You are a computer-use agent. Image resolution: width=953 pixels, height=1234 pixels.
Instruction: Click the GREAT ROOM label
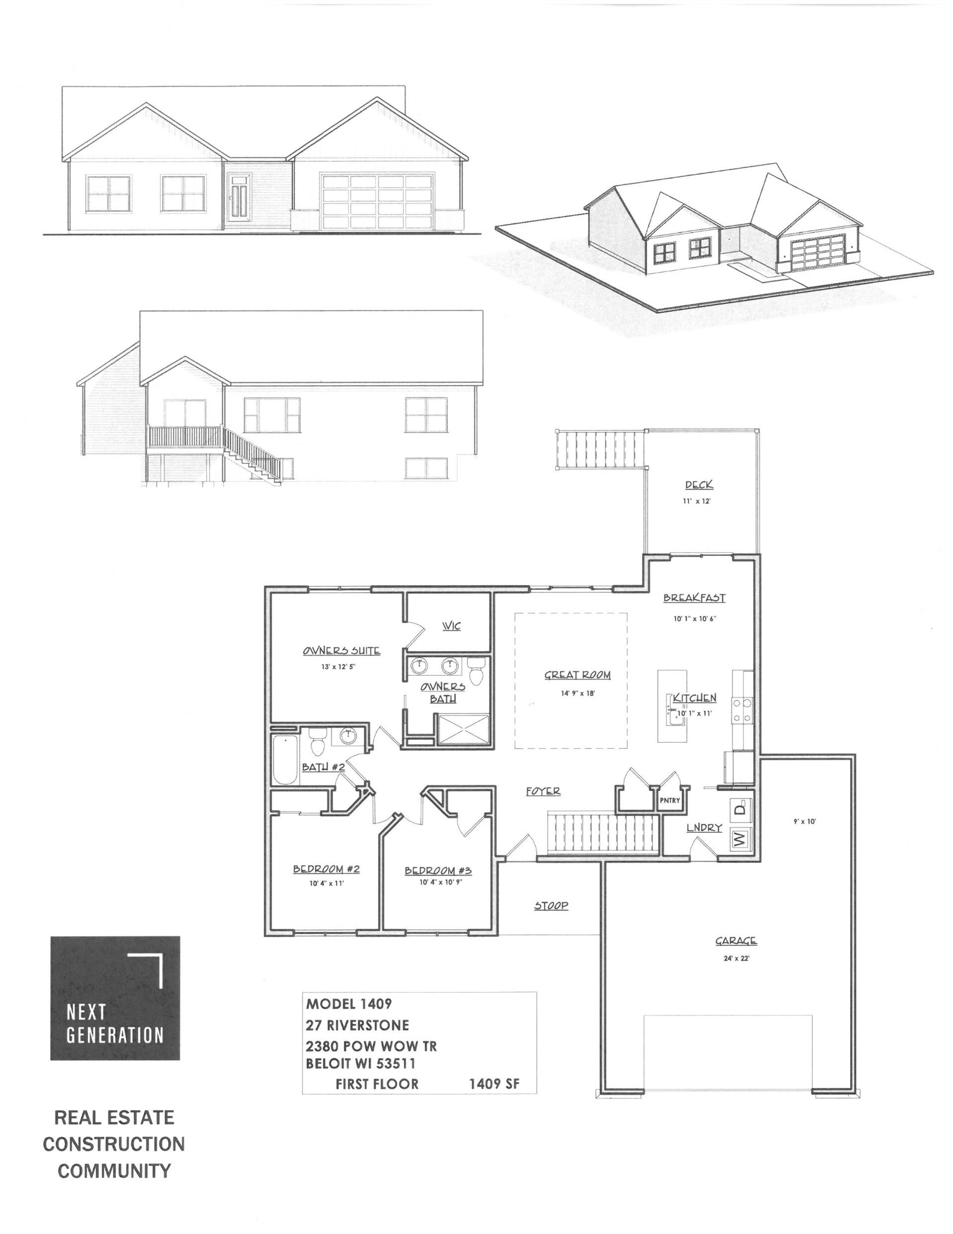pos(577,675)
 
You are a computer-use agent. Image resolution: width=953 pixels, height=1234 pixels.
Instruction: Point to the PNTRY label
pos(670,801)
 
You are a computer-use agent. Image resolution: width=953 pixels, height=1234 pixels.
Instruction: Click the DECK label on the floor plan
pos(699,485)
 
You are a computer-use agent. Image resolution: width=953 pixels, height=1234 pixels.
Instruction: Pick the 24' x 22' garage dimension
pos(736,958)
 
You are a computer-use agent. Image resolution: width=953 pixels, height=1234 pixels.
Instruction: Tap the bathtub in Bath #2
pos(285,759)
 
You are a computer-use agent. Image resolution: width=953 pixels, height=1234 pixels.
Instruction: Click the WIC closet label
pos(451,626)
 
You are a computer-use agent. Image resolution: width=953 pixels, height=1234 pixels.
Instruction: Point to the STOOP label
pos(551,906)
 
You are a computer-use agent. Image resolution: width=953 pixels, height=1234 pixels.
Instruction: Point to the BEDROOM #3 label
pos(438,871)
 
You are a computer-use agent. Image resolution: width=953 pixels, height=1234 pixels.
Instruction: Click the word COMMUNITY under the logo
pos(114,1171)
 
